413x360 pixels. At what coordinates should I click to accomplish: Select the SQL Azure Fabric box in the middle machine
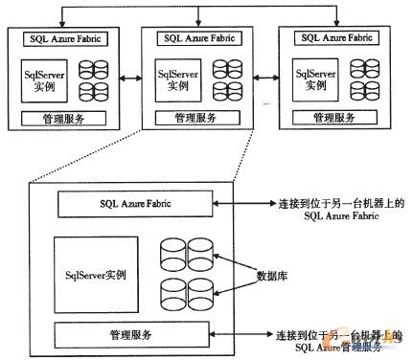(195, 39)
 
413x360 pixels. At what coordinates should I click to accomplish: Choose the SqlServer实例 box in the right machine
(313, 78)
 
